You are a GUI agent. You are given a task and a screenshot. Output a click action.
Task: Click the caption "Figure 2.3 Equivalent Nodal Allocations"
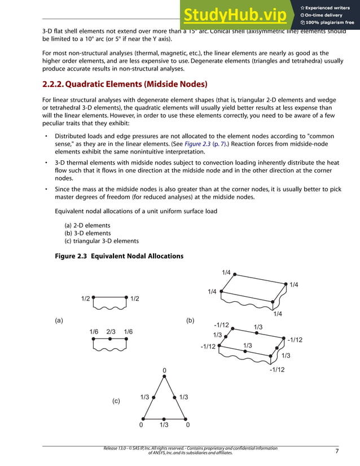click(118, 256)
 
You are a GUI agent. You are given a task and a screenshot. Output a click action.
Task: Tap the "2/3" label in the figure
click(112, 332)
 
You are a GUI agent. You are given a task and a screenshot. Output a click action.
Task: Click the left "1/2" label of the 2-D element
click(86, 298)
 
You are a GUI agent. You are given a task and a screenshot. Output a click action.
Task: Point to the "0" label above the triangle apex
click(164, 371)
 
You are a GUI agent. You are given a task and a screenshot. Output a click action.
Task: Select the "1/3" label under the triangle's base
click(165, 425)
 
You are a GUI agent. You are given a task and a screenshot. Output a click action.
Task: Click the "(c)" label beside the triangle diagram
click(116, 401)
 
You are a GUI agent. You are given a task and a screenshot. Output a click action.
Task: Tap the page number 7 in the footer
click(337, 451)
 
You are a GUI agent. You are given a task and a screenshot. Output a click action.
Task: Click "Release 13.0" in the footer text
click(116, 448)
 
